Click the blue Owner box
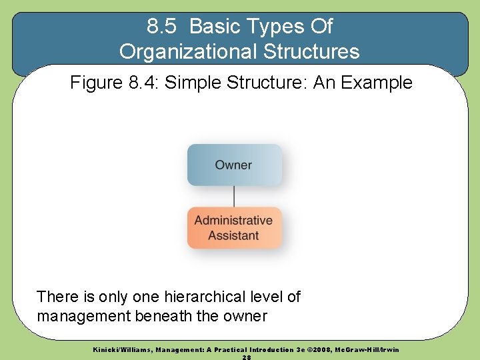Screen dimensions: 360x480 coord(234,165)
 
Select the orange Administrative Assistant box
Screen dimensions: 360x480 coord(234,228)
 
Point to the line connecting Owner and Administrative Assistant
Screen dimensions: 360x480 coord(234,196)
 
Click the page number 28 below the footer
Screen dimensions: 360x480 coord(246,357)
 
